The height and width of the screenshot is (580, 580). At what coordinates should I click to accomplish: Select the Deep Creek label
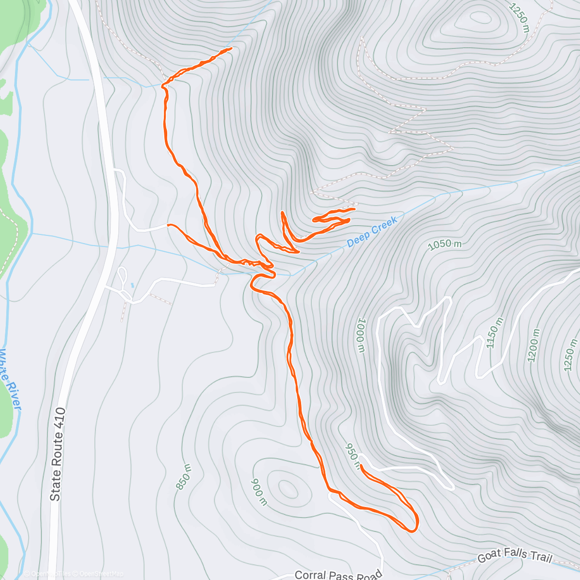click(x=372, y=232)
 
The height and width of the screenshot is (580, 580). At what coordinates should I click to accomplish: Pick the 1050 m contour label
click(x=445, y=245)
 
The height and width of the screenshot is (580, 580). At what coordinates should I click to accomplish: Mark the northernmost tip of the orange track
click(x=232, y=48)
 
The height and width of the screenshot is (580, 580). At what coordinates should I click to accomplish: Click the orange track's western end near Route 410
click(x=168, y=225)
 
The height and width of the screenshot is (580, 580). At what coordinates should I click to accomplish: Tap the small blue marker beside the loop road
click(x=132, y=286)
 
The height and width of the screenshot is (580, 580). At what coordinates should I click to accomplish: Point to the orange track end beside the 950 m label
click(x=361, y=465)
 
